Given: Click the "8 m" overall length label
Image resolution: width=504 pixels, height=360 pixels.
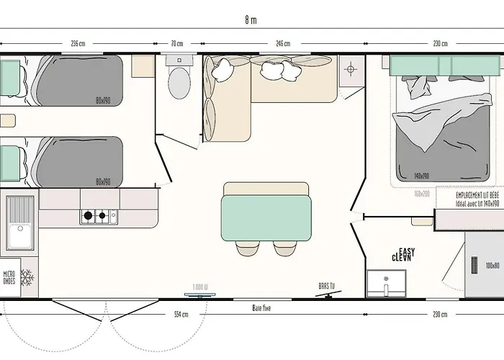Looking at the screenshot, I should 250,20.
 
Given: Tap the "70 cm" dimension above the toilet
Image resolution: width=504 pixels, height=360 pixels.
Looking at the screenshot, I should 177,44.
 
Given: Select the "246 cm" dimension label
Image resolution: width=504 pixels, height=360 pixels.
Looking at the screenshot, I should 282,44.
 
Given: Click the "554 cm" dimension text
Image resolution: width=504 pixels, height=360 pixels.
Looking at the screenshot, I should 181,314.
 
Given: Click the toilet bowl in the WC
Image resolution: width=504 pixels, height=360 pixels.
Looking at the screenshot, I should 177,84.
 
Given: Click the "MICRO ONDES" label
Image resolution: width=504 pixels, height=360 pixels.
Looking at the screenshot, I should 9,277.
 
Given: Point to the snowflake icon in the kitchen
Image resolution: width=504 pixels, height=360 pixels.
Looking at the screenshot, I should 27,276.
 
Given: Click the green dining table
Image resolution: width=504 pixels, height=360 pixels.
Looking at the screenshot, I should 266,214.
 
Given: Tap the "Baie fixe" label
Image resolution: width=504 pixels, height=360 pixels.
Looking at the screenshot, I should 261,307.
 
